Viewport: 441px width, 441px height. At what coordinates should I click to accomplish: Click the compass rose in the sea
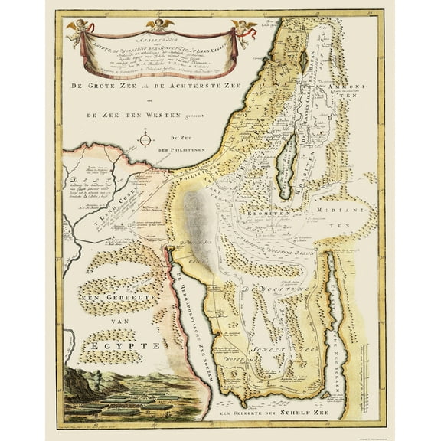click(145, 140)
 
